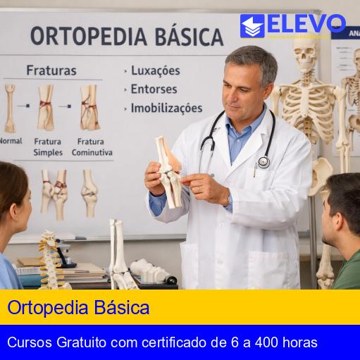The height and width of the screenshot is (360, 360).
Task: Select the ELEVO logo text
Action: pyautogui.click(x=306, y=25)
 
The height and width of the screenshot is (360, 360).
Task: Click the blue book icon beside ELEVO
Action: pyautogui.click(x=252, y=26)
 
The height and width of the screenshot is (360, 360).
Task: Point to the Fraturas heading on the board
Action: pyautogui.click(x=51, y=70)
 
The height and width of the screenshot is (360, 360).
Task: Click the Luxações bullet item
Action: pyautogui.click(x=155, y=70)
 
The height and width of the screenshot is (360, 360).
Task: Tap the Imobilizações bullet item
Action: pyautogui.click(x=166, y=108)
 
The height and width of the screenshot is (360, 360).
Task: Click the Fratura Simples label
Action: pyautogui.click(x=48, y=147)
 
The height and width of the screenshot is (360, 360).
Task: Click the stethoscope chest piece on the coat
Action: pyautogui.click(x=263, y=162)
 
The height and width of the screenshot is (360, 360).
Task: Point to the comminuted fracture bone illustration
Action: pyautogui.click(x=89, y=107)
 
